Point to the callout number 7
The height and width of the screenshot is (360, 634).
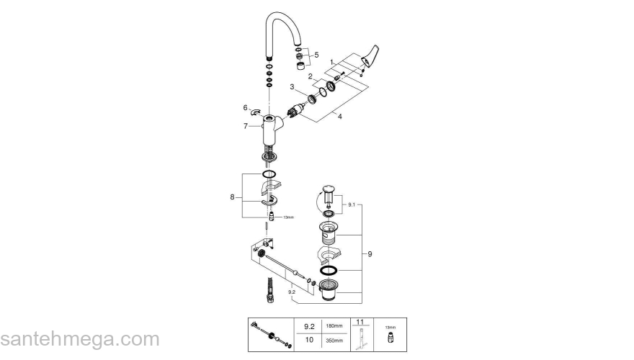(x=246, y=126)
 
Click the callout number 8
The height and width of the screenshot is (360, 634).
(x=232, y=196)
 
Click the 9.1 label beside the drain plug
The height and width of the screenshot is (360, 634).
(x=352, y=205)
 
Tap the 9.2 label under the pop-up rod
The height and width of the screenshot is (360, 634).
(x=290, y=293)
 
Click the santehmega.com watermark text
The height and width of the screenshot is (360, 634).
(x=79, y=339)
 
